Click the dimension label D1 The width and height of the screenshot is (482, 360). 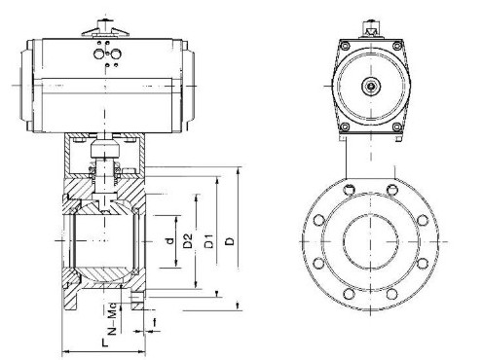pos(210,240)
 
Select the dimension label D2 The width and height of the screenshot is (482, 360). pos(188,240)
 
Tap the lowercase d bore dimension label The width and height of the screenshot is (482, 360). pos(169,240)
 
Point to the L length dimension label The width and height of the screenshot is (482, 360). pos(104,342)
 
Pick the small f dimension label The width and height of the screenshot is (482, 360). pos(155,322)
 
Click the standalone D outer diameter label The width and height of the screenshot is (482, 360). pos(230,241)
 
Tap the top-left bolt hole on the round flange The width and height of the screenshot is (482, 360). pos(349,190)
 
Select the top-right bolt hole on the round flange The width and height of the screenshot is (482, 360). pos(392,190)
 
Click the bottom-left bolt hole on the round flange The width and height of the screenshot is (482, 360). pos(349,294)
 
